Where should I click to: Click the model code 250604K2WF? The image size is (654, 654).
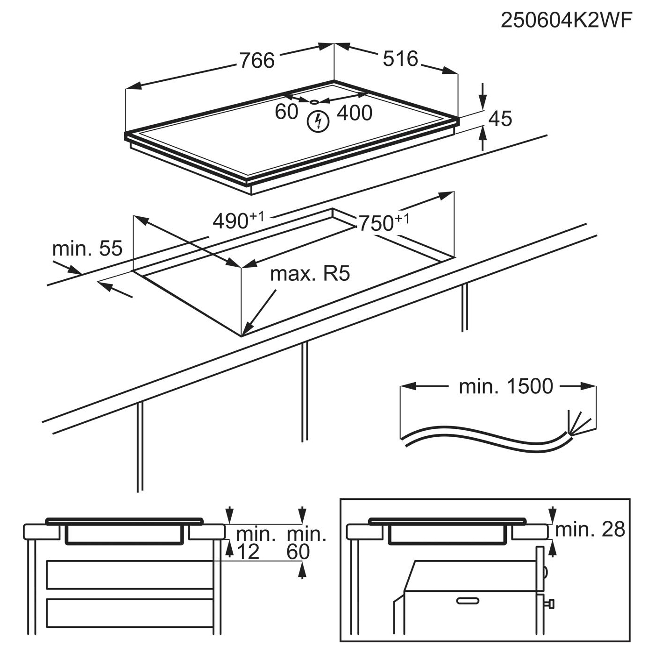click(x=567, y=21)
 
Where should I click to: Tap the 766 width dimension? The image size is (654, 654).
click(x=257, y=61)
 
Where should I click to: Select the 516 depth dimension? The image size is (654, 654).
click(x=400, y=59)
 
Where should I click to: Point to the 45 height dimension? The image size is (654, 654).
click(x=500, y=119)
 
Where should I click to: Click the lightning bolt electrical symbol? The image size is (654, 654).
click(x=318, y=121)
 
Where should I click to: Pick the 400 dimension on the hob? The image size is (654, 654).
click(x=354, y=113)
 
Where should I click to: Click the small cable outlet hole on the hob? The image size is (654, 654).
click(x=314, y=101)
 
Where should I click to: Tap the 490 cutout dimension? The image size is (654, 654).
click(x=238, y=220)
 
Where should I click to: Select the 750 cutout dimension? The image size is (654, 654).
click(x=384, y=223)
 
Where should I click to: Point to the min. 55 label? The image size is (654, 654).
click(x=87, y=249)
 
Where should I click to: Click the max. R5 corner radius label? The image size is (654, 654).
click(x=310, y=274)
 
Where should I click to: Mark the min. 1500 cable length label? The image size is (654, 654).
click(x=506, y=386)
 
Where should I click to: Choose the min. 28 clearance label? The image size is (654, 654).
click(x=590, y=529)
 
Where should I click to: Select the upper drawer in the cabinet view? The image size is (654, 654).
click(x=130, y=575)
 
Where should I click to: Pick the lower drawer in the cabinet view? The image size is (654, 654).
click(x=130, y=613)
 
